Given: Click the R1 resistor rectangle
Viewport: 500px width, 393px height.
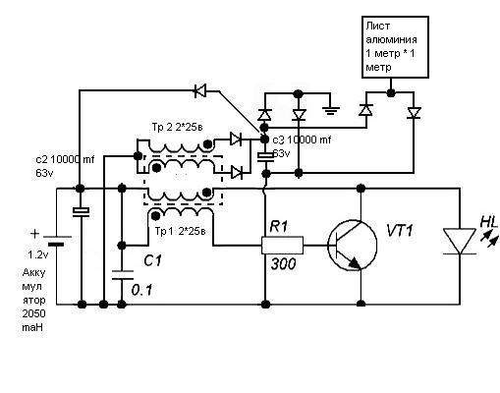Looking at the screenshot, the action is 282,245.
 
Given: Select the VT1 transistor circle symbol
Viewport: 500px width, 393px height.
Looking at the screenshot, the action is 353,245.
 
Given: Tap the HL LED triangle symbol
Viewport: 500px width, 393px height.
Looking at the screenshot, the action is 460,241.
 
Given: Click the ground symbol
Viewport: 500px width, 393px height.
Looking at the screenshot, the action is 331,111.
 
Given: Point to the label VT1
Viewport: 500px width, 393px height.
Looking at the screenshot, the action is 400,231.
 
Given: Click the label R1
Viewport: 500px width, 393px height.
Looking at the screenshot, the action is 279,227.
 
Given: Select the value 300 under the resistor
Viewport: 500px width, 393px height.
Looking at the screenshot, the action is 284,263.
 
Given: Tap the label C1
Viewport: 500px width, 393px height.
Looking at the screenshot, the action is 152,260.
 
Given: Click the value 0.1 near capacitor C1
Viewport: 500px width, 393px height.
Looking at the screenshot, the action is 141,290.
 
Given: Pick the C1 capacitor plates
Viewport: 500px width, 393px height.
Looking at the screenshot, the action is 122,275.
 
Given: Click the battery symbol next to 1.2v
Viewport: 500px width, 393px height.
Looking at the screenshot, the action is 57,241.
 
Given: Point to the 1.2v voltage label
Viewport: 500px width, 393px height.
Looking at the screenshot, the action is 38,254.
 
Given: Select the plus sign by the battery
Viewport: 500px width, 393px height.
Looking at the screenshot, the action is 34,234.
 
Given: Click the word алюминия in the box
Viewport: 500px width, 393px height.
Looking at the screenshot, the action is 391,39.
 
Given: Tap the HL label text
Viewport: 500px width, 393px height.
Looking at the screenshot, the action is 489,222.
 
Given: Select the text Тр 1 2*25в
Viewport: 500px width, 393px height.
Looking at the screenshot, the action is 181,231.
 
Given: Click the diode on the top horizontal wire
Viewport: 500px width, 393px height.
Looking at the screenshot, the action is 200,90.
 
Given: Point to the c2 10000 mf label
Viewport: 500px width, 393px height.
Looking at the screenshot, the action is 65,159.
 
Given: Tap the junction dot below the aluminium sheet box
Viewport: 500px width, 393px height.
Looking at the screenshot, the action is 390,92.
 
